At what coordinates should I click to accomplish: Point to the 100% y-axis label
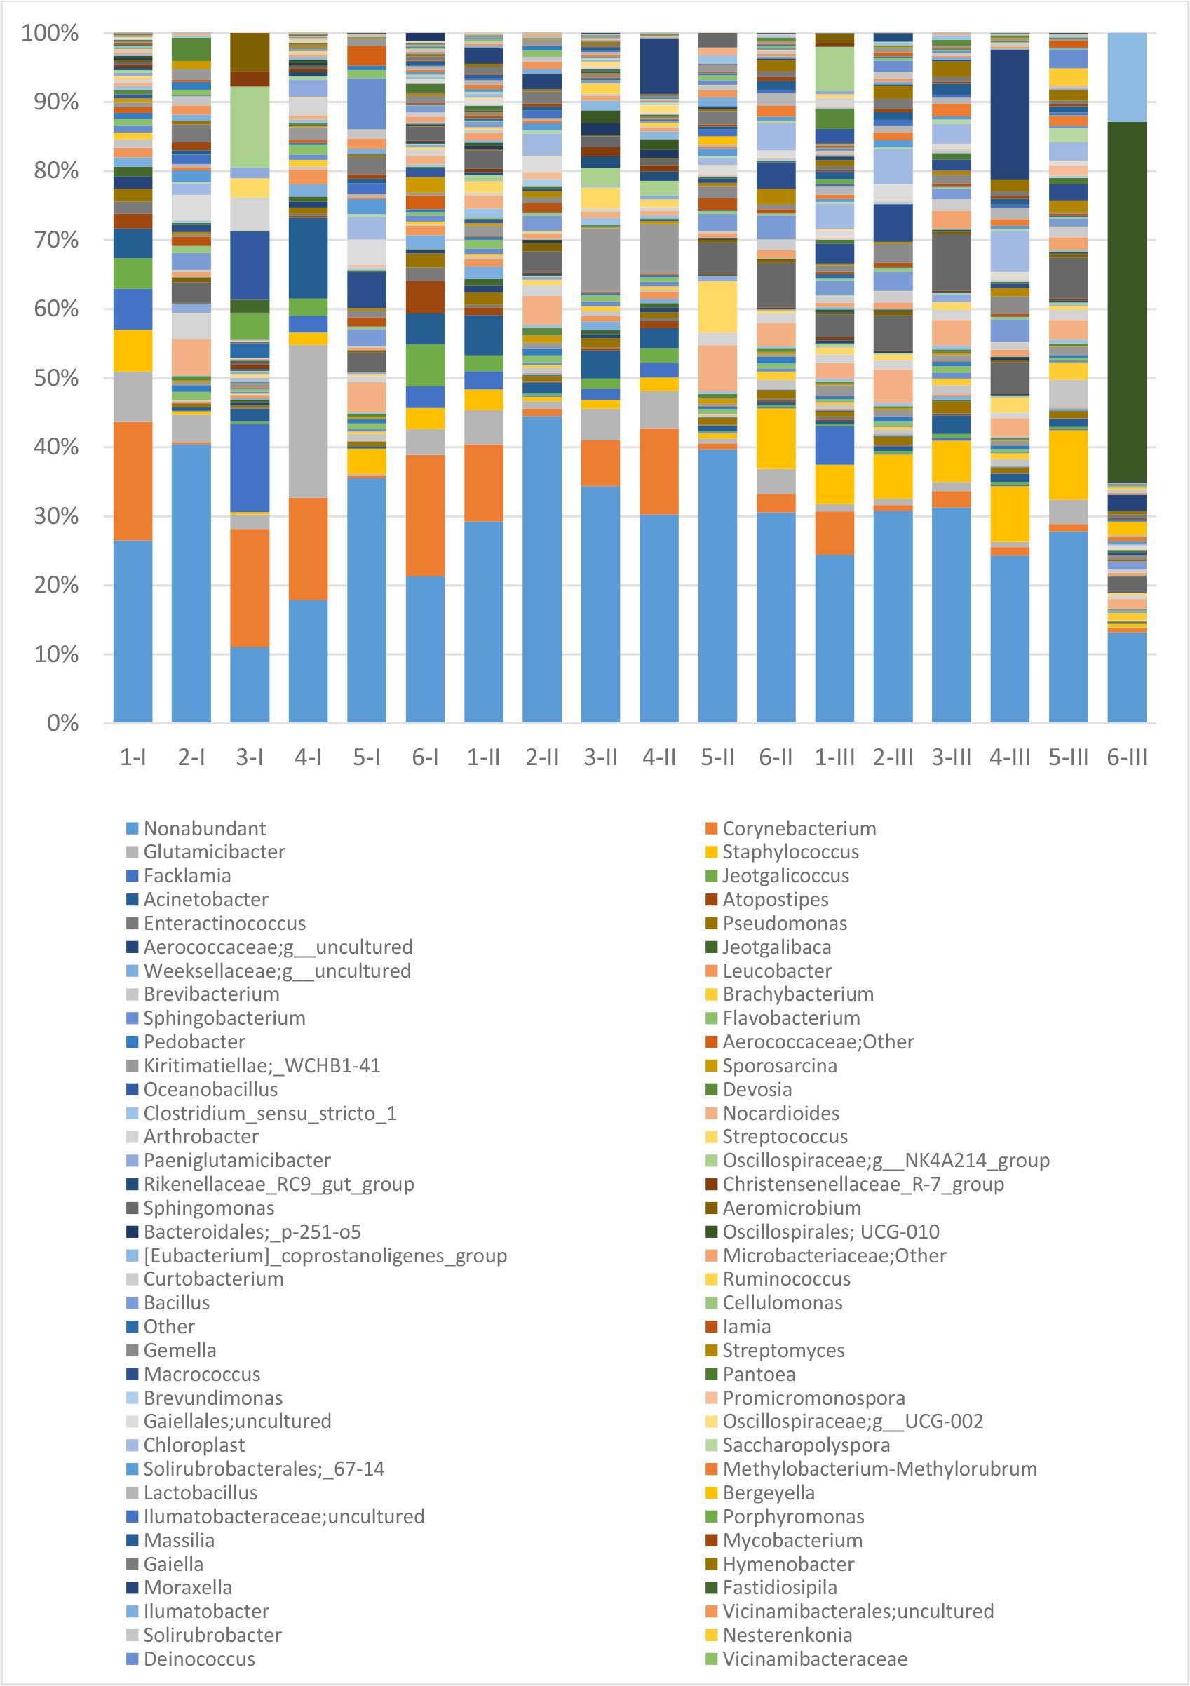[x=50, y=33]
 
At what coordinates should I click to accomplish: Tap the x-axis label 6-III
[x=1127, y=757]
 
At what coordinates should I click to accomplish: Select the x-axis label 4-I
[x=309, y=757]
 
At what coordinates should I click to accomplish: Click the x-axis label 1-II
[x=484, y=757]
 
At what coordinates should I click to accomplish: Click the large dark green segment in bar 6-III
[x=1127, y=301]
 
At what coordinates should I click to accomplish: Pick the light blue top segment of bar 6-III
[x=1127, y=77]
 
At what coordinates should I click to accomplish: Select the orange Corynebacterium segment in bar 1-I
[x=133, y=481]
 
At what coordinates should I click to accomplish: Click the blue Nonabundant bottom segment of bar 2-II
[x=542, y=569]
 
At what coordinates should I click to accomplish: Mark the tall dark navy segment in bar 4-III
[x=1010, y=114]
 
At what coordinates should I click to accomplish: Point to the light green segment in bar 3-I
[x=250, y=126]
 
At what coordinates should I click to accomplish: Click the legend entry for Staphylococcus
[x=790, y=852]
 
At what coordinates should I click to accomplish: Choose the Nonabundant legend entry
[x=204, y=828]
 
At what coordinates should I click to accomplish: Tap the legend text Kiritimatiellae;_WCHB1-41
[x=262, y=1065]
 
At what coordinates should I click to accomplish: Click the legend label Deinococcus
[x=199, y=1659]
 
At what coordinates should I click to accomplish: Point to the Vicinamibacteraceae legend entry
[x=814, y=1659]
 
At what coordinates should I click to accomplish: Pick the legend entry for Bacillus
[x=176, y=1302]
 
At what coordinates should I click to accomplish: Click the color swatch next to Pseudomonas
[x=710, y=923]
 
